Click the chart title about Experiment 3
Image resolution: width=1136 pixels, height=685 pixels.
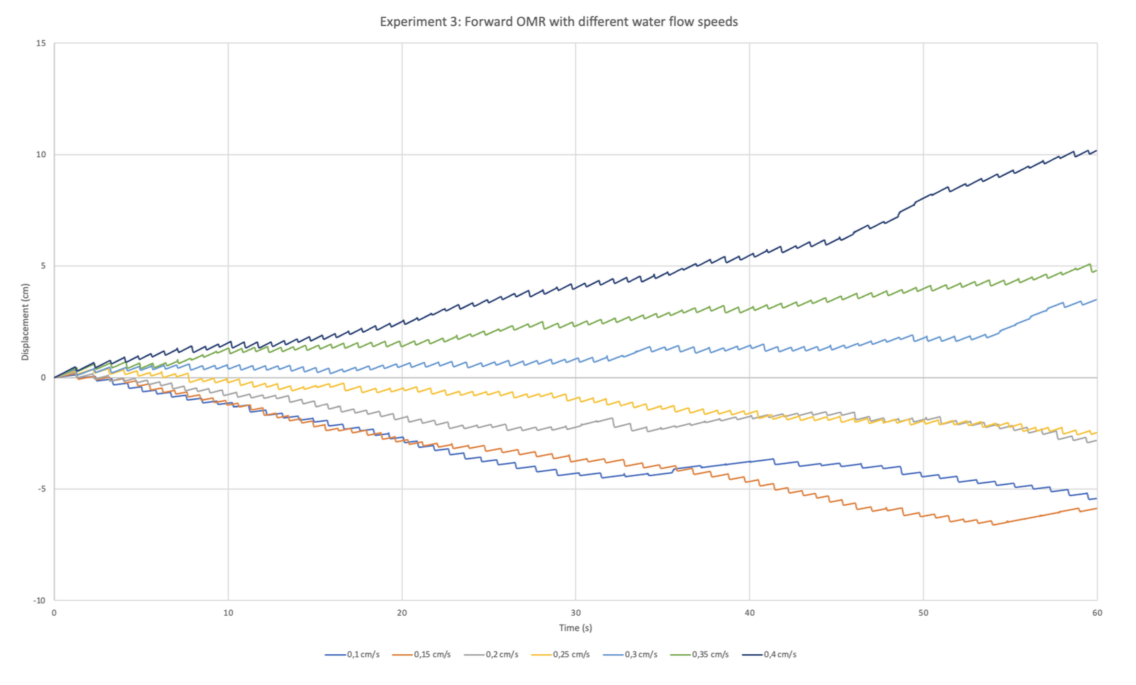558,22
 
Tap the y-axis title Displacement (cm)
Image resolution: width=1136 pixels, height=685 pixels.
25,322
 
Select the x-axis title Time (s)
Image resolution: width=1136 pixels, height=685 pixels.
575,628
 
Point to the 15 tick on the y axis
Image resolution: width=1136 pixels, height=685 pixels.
41,43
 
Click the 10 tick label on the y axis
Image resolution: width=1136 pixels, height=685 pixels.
41,154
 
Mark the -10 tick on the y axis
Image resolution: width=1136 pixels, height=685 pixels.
40,601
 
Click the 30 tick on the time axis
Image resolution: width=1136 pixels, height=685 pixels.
576,613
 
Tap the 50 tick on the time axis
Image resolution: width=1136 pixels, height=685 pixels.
923,613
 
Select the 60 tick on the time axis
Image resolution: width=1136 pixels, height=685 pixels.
1097,613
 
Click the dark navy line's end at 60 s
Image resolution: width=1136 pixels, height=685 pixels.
1096,151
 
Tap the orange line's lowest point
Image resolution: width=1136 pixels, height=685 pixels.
992,525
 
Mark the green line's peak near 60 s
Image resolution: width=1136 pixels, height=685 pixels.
1089,264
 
